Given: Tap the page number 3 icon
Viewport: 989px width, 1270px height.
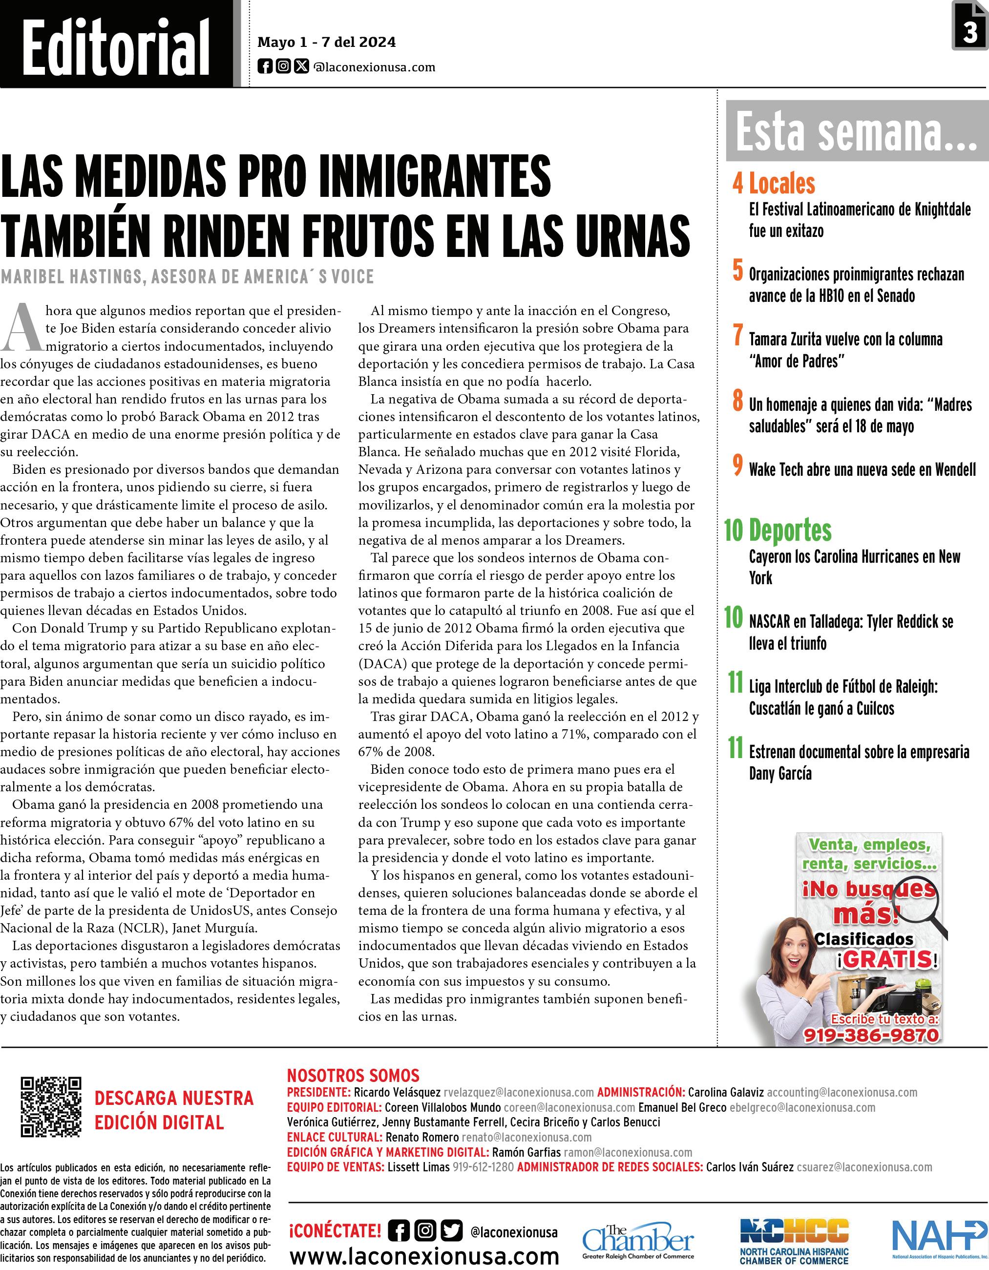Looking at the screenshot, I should pos(969,27).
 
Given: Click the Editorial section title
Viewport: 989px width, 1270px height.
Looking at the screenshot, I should pos(116,46).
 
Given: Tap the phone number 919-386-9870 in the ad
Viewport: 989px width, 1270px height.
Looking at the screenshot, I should pos(870,1035).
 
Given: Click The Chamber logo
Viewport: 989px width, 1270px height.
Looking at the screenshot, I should pos(638,1241).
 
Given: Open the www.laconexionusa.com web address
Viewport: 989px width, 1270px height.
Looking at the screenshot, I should pos(424,1255).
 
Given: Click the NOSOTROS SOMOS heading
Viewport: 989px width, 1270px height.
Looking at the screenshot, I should pos(353,1075).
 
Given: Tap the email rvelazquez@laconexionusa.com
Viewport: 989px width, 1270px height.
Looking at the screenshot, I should pos(518,1092).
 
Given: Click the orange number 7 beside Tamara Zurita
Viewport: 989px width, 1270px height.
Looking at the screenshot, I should pos(738,336).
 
